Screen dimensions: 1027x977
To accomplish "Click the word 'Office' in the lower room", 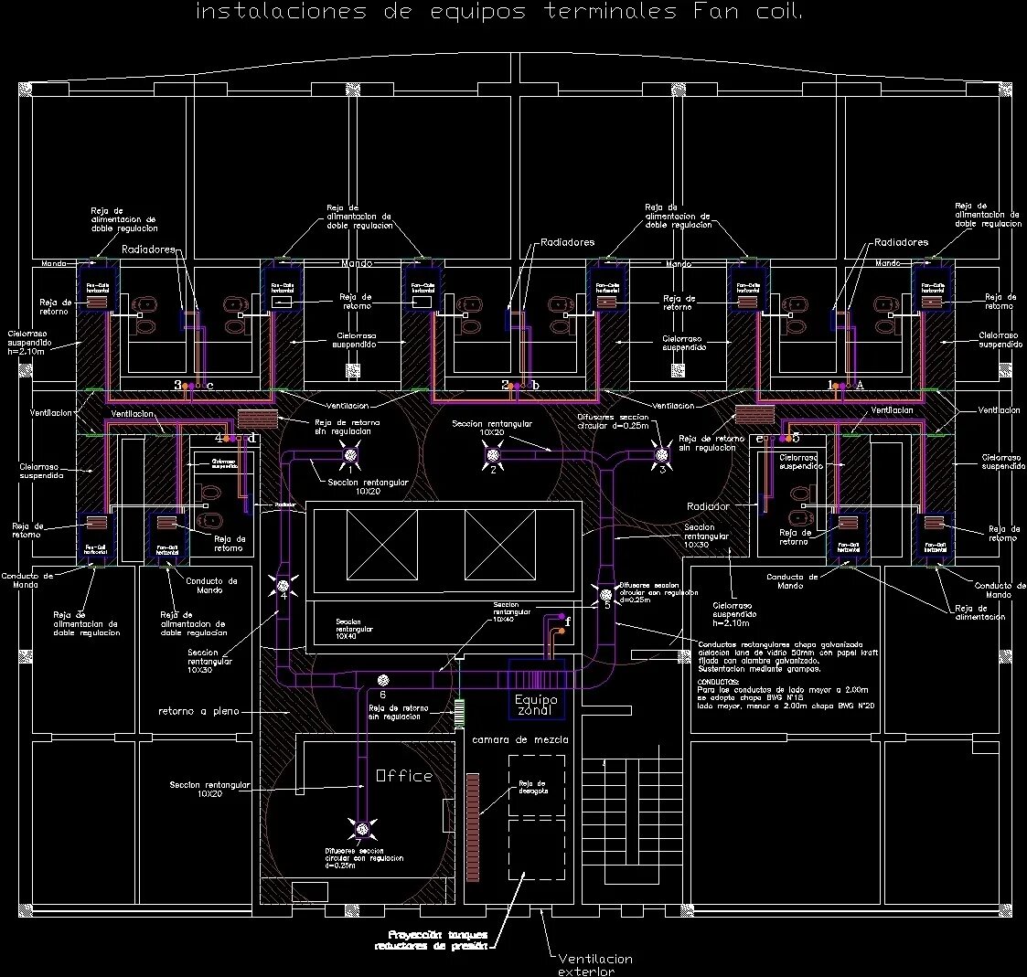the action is pos(404,776).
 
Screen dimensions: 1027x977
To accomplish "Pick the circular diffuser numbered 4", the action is pos(283,585).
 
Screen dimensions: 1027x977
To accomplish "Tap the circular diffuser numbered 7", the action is pos(363,829).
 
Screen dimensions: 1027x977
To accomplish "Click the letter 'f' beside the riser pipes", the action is pos(568,621).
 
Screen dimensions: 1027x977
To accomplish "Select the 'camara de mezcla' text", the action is pos(519,739).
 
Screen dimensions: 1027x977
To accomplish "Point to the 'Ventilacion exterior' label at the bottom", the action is pos(594,964).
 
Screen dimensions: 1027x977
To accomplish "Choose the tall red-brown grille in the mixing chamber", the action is pos(473,802).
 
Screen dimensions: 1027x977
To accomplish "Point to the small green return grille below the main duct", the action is pos(460,710).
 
